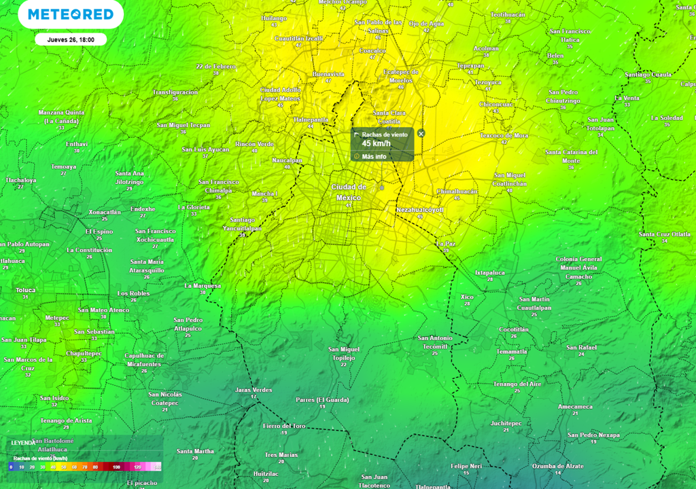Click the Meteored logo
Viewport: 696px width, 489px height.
point(71,14)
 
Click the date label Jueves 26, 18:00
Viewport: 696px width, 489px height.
point(71,39)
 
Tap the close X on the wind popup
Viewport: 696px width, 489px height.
point(421,134)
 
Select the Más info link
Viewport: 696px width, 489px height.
point(374,156)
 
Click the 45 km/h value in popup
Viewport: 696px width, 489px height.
point(375,143)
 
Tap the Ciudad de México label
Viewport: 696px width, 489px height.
point(349,192)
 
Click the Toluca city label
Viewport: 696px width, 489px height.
point(25,289)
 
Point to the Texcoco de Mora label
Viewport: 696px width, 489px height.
point(504,135)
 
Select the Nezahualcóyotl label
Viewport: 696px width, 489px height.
point(419,210)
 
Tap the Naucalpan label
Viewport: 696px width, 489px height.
point(286,160)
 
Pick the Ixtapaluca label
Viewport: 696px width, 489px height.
point(489,272)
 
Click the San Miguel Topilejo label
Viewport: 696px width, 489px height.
point(344,353)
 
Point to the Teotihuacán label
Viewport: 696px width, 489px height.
point(509,14)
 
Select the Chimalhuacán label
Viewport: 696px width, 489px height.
point(457,192)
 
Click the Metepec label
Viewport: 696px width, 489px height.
point(57,317)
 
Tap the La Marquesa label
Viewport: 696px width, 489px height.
point(203,286)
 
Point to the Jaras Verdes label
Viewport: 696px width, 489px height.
point(254,390)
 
